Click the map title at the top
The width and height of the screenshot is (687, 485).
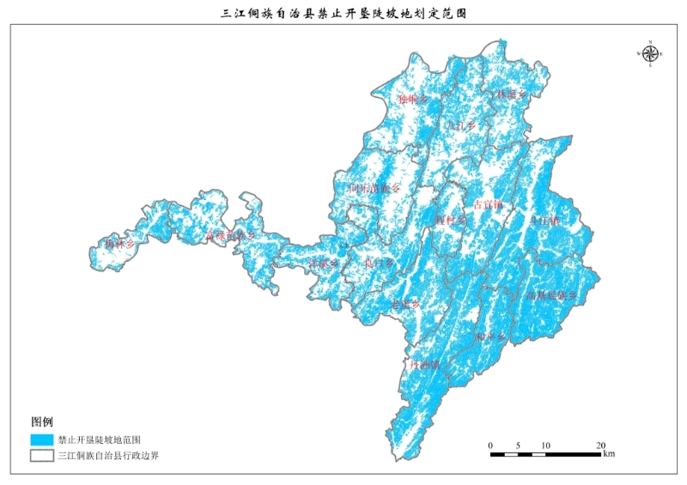click(x=343, y=14)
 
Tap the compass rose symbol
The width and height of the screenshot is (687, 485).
click(x=650, y=53)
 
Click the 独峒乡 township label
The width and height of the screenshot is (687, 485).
click(x=412, y=100)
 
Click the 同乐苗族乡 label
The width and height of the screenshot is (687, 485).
click(x=374, y=187)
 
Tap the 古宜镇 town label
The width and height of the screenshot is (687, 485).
click(x=488, y=205)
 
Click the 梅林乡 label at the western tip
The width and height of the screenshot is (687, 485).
click(x=120, y=245)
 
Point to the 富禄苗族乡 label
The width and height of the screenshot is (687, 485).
click(x=230, y=234)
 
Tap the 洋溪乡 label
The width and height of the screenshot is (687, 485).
click(x=325, y=263)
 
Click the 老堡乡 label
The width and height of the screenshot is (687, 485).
click(x=404, y=305)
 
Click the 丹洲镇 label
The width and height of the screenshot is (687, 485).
click(x=425, y=364)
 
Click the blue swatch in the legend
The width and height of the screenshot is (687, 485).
click(x=41, y=440)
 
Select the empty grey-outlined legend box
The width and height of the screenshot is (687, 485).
click(x=41, y=456)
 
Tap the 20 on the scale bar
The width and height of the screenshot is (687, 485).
click(x=600, y=445)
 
